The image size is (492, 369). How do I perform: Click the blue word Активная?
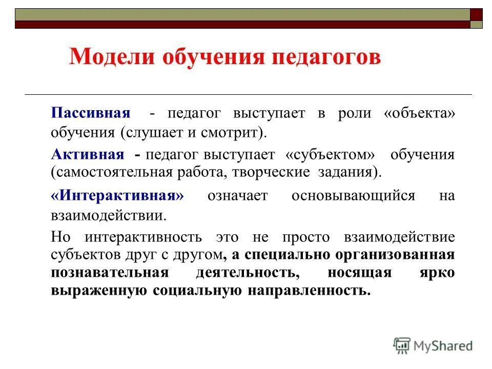pyautogui.click(x=87, y=154)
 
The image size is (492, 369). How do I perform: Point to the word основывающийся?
pyautogui.click(x=353, y=196)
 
